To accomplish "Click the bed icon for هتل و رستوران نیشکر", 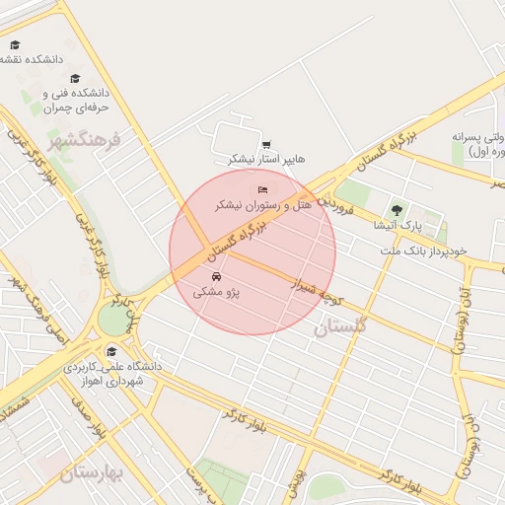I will click(x=261, y=188).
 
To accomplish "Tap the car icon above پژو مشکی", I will click(x=216, y=276).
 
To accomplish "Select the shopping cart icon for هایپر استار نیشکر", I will click(x=266, y=144).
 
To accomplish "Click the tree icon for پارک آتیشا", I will click(x=397, y=209).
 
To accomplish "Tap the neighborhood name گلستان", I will click(x=340, y=326).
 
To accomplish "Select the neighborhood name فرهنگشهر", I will click(x=85, y=138).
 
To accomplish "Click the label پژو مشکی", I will click(x=216, y=293).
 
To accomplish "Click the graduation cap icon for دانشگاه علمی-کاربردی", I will click(x=111, y=350).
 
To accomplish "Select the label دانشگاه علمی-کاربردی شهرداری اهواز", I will click(x=110, y=374).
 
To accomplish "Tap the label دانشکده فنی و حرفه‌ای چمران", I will click(x=75, y=99).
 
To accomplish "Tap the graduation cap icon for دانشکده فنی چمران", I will click(x=75, y=78).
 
